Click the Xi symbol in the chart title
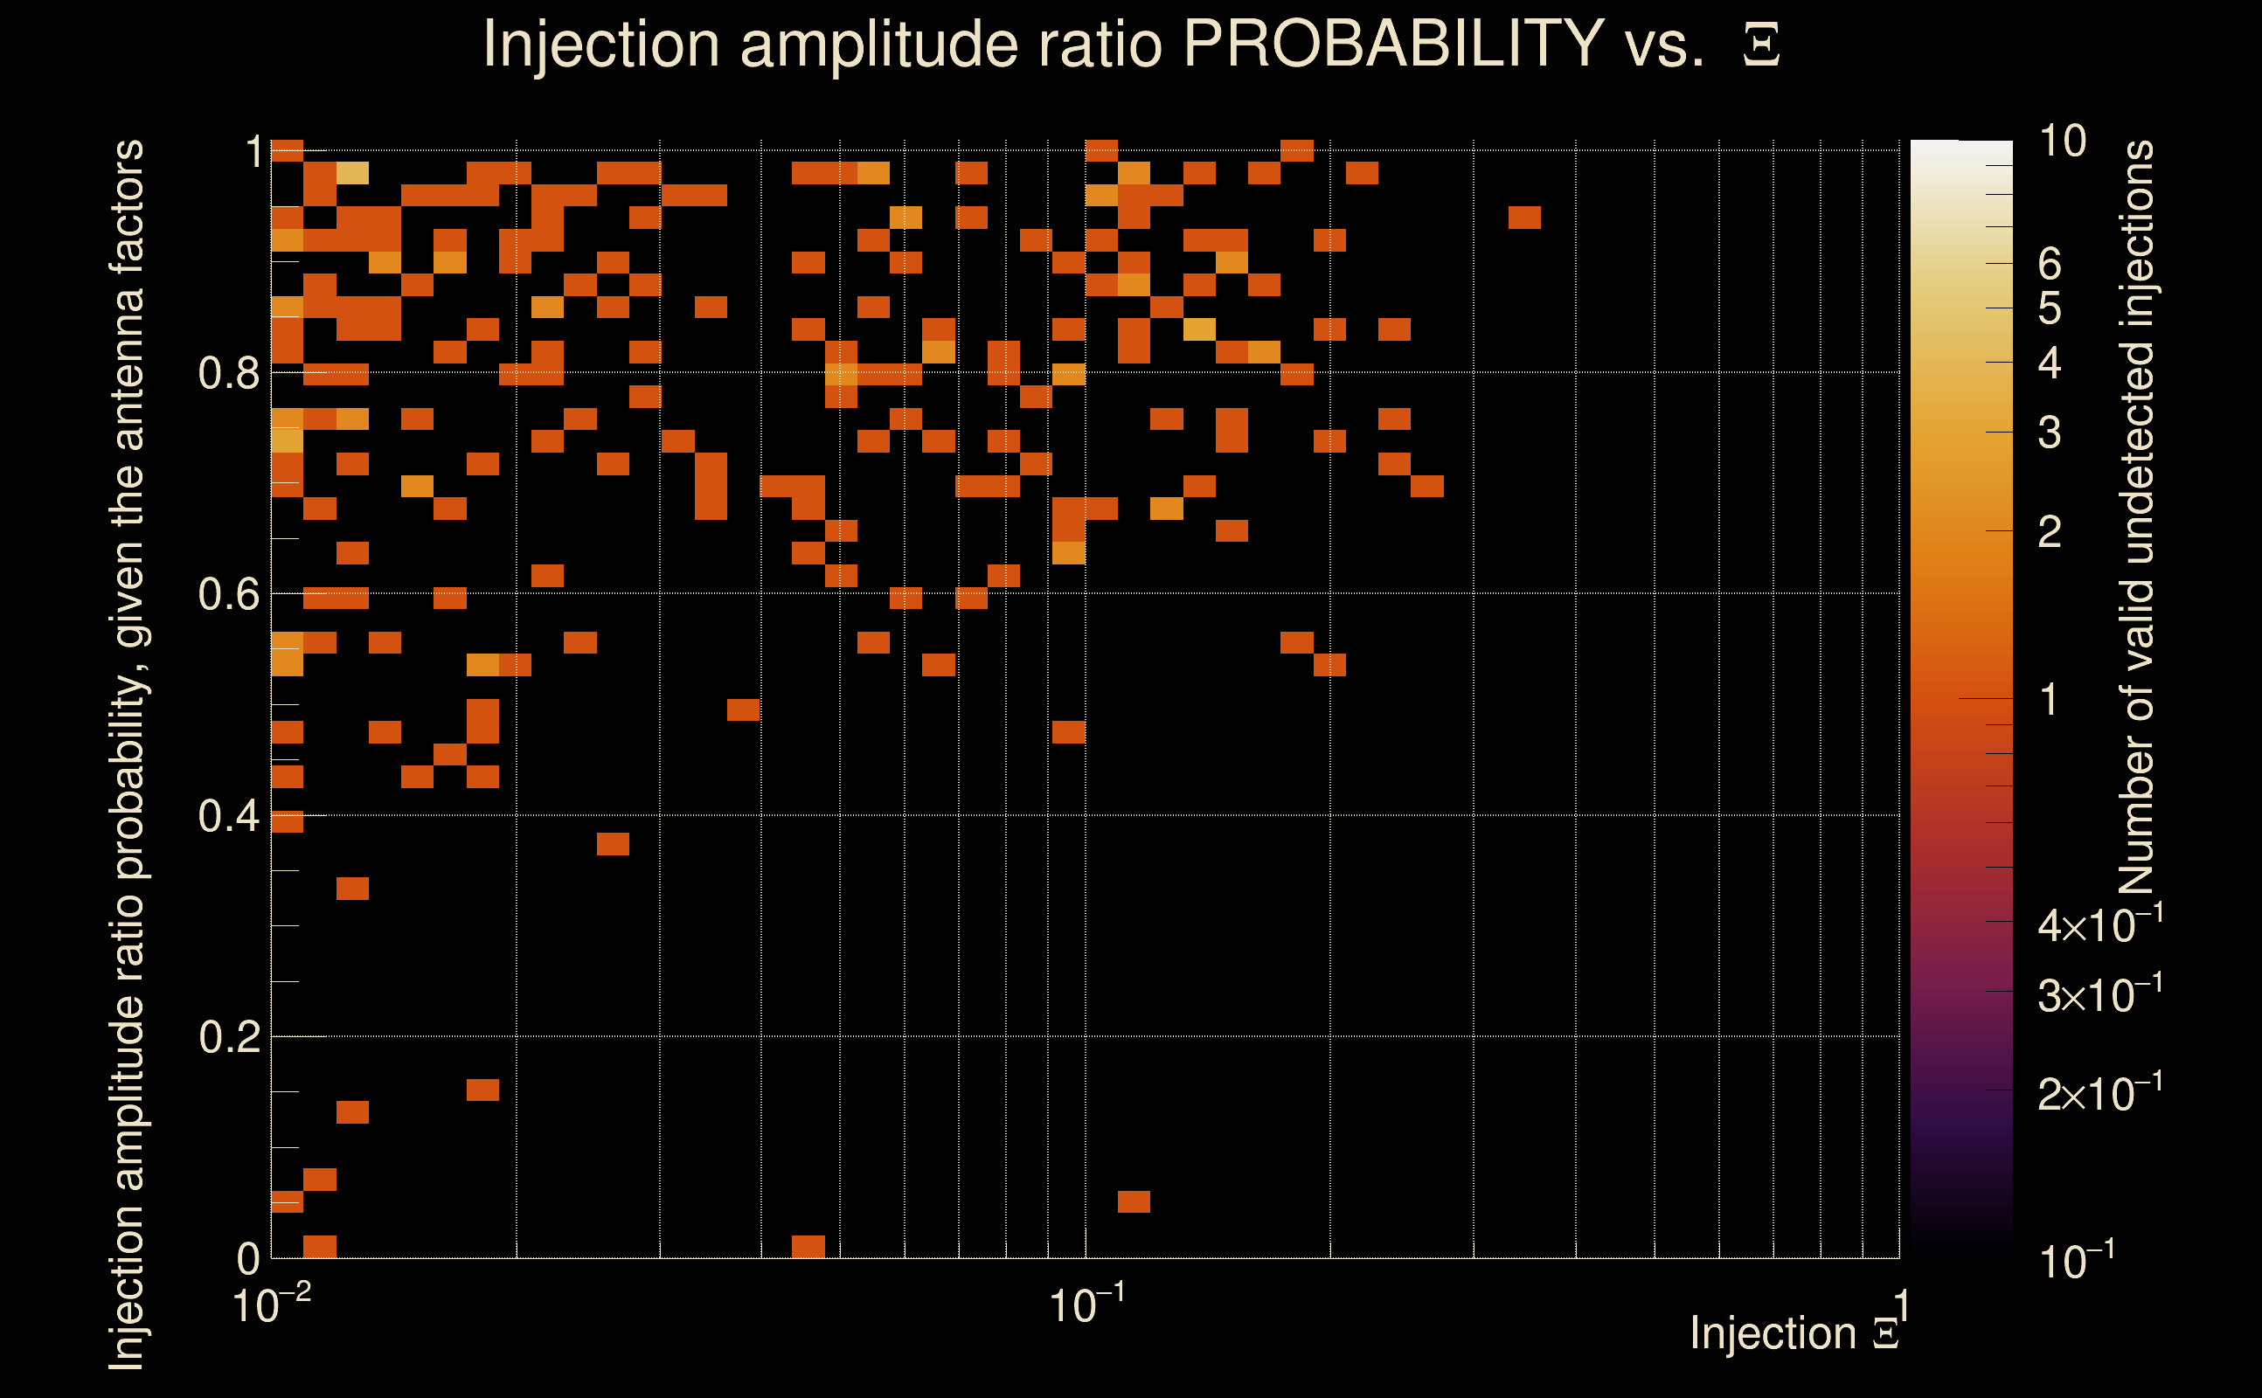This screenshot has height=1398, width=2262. click(x=1761, y=45)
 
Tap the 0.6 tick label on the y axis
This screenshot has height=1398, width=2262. click(x=230, y=593)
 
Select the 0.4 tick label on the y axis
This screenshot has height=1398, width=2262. click(x=230, y=815)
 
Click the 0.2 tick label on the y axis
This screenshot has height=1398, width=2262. click(x=230, y=1036)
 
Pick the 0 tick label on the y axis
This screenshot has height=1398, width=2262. click(x=248, y=1258)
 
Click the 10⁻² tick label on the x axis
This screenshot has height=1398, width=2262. click(x=271, y=1305)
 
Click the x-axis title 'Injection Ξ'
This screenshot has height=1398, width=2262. click(x=1794, y=1333)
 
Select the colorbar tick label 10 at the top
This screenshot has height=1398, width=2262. click(x=2062, y=142)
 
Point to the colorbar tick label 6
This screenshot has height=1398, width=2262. click(x=2050, y=265)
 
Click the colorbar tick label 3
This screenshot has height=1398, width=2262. click(x=2050, y=432)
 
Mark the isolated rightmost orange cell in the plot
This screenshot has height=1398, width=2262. click(x=1524, y=218)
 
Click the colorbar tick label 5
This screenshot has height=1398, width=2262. click(x=2050, y=308)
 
